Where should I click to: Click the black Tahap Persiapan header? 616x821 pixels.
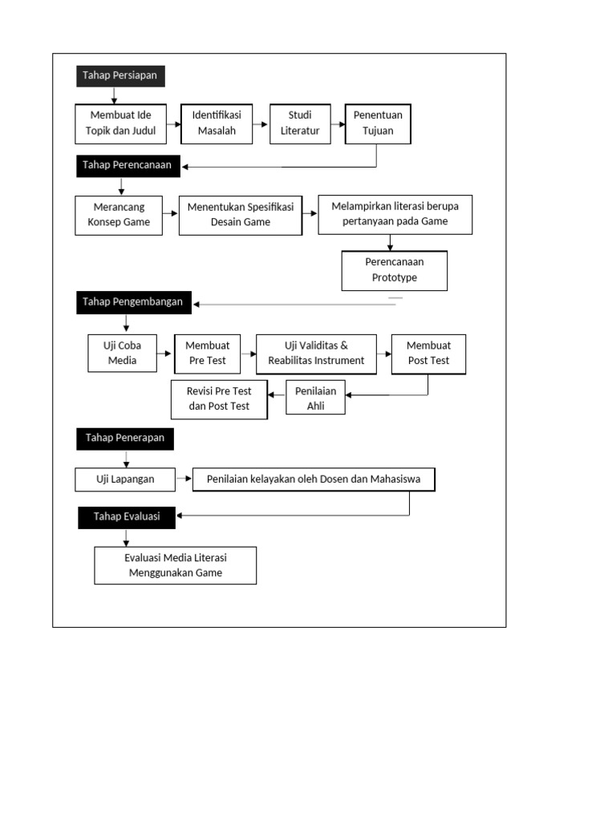(120, 76)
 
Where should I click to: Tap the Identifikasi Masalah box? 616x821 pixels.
(217, 123)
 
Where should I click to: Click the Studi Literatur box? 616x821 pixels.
(300, 123)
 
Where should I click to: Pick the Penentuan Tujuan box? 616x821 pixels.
(378, 123)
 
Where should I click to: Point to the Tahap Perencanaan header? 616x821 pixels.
(128, 166)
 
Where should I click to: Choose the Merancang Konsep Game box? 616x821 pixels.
(119, 215)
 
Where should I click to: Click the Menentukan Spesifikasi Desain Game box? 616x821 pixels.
(241, 215)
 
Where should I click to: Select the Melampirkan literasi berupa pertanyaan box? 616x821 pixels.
(395, 214)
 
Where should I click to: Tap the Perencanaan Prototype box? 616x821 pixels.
(394, 270)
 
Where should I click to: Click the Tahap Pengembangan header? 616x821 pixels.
(133, 302)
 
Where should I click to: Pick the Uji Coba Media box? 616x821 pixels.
(123, 353)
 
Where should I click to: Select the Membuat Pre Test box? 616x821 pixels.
(207, 353)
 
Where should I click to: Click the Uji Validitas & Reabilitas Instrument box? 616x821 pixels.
(316, 354)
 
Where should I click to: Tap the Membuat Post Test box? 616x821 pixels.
(428, 354)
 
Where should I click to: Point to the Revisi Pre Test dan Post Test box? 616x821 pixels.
(219, 399)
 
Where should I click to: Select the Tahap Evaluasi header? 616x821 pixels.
(127, 517)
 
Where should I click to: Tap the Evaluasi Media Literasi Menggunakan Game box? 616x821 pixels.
(175, 565)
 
